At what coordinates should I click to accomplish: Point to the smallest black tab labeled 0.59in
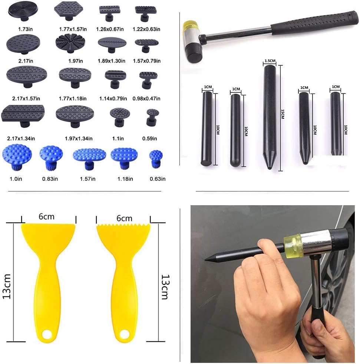point(152,116)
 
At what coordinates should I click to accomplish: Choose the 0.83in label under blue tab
point(50,179)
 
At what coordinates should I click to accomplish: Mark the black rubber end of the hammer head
point(194,53)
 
